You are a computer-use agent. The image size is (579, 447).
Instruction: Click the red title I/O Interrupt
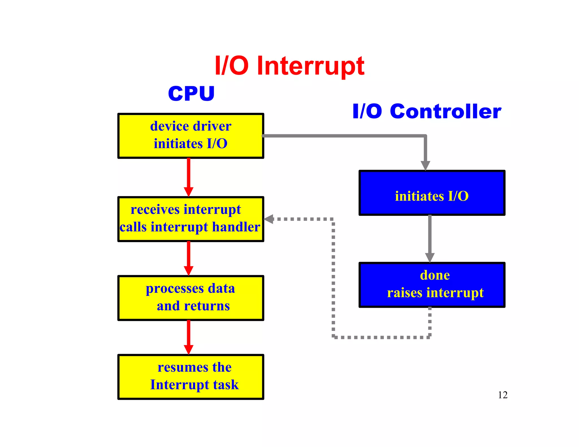tap(289, 66)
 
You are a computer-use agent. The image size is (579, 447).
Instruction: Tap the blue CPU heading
tap(191, 94)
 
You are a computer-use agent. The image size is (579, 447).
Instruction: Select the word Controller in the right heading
tap(445, 111)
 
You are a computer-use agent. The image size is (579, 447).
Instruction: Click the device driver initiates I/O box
tap(191, 136)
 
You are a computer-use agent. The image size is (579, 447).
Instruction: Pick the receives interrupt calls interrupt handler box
tap(191, 219)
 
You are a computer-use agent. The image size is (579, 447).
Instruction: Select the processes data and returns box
tap(191, 298)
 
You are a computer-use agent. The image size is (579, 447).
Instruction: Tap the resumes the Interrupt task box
tap(191, 377)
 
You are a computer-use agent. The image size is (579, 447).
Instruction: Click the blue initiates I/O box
tap(432, 193)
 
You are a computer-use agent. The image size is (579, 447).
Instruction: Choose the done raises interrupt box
tap(432, 285)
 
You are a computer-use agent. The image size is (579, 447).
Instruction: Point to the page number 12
tap(502, 395)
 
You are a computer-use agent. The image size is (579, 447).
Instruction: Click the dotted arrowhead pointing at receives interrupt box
tap(269, 219)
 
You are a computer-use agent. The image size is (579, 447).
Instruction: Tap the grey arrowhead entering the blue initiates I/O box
tap(425, 165)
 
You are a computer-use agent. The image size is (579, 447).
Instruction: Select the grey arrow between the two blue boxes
tap(430, 237)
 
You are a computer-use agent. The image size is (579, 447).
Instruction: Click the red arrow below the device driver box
tap(189, 177)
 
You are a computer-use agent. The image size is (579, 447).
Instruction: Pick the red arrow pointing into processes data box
tap(189, 258)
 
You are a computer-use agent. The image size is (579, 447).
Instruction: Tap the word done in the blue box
tap(435, 275)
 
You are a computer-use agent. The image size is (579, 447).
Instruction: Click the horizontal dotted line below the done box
tap(382, 337)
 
